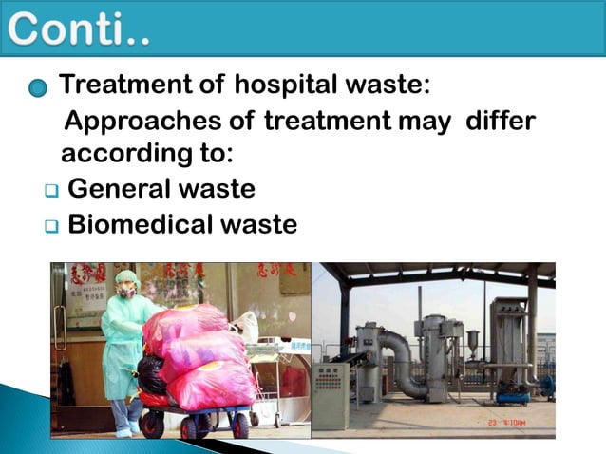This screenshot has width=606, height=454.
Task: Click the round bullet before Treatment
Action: coord(37,88)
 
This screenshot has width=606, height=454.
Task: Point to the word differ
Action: coord(501,122)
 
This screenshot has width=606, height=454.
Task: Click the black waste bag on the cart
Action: coord(151,373)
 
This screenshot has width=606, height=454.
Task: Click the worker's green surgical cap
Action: coord(126,276)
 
